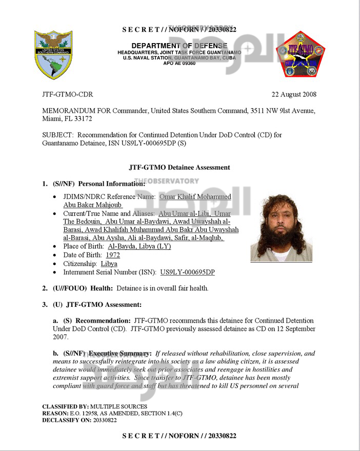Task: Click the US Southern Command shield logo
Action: tap(53, 54)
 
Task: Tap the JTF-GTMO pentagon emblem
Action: tap(301, 54)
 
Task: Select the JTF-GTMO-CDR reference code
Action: tap(68, 94)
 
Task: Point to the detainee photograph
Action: tap(281, 227)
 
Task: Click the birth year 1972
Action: tap(113, 255)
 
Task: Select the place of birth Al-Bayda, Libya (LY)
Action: tap(139, 246)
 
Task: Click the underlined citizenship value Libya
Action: tap(109, 264)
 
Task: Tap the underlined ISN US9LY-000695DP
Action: tap(187, 272)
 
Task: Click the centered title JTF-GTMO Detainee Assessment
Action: tap(180, 167)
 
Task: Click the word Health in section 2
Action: tap(102, 288)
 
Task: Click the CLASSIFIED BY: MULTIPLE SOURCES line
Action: tap(94, 407)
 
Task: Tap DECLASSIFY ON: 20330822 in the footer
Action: tap(79, 420)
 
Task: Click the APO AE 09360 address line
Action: tap(179, 63)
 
